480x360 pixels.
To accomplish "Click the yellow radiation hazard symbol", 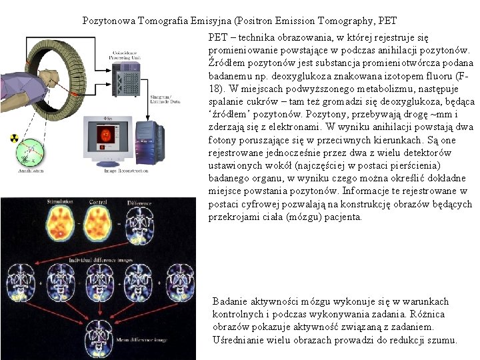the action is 13,138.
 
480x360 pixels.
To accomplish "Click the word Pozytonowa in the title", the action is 108,21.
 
